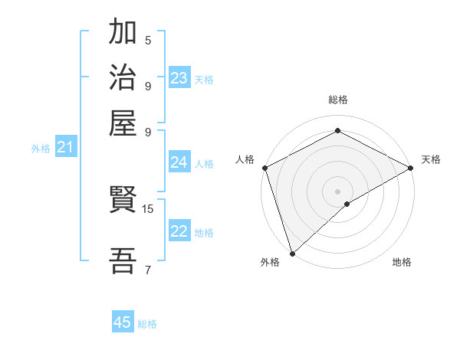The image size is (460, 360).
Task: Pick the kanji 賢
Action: point(123,201)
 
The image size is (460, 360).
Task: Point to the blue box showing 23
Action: point(179,77)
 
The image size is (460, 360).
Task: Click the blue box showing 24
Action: point(179,162)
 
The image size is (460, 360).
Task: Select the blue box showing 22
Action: point(179,231)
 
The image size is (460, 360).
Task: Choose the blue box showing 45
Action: point(123,322)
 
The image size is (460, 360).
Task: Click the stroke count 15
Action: point(148,208)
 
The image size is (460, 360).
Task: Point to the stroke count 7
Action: point(148,269)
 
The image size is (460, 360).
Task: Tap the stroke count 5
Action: point(148,41)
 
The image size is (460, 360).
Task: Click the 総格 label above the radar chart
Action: point(337,100)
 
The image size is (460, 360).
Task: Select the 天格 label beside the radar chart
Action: point(431,159)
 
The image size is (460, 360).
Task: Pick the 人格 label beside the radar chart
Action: point(245,159)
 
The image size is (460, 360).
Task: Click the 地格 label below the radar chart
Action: point(402,262)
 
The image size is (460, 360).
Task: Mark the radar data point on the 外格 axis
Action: point(292,254)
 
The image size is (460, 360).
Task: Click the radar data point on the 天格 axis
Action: point(411,168)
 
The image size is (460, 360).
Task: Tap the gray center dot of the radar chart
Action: point(337,191)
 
